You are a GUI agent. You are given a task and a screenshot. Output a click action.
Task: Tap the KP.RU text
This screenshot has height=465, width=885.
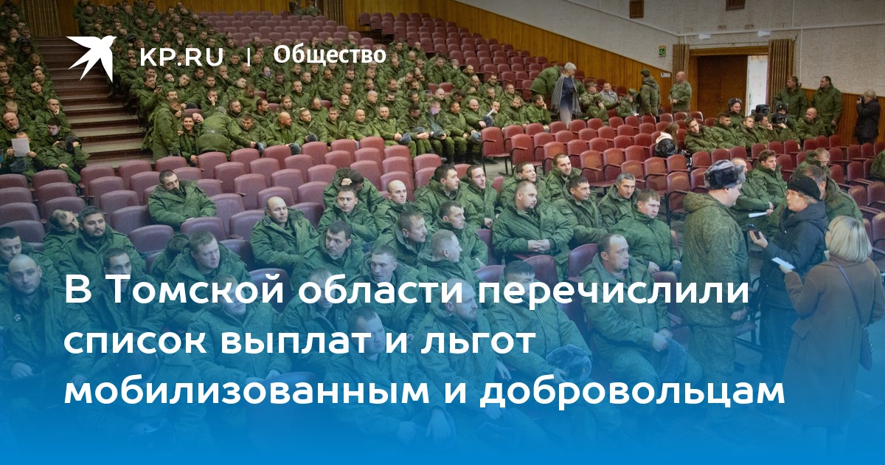click(181, 58)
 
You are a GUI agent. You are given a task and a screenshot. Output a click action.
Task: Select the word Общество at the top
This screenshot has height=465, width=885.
click(330, 55)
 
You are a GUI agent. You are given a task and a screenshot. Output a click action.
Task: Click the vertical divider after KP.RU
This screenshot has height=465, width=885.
click(249, 57)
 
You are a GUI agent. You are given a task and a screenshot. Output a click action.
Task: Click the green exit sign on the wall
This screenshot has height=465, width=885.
click(661, 50)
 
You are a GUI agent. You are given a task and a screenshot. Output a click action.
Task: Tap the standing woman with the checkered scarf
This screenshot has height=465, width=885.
click(566, 94)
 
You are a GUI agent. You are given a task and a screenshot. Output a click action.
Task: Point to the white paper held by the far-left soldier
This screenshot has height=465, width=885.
click(21, 145)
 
